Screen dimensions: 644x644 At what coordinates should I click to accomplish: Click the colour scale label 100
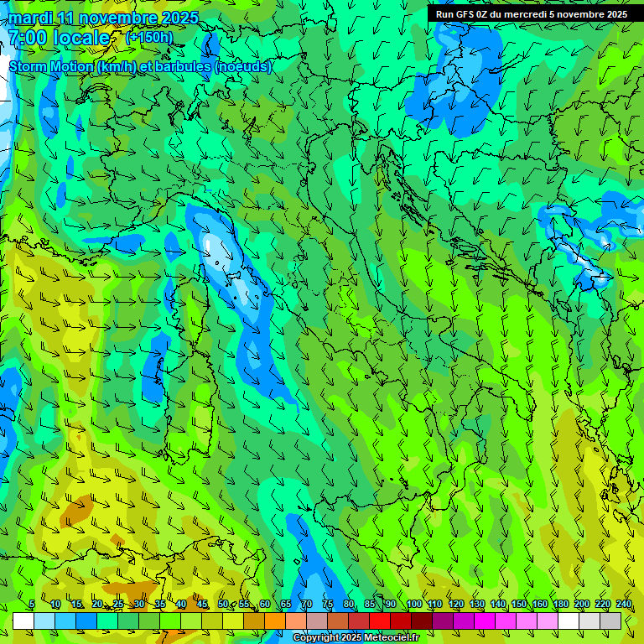(413, 605)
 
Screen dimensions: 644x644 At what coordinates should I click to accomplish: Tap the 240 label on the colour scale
(623, 605)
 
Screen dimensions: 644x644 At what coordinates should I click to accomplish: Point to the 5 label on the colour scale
(32, 605)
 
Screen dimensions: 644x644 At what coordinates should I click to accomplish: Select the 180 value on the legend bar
(560, 605)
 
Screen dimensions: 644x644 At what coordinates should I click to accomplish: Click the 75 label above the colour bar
(328, 605)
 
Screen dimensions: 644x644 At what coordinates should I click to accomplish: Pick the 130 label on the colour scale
(476, 605)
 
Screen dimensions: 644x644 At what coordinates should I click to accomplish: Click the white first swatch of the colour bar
(23, 621)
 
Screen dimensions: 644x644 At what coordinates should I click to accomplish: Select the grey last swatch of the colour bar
(610, 621)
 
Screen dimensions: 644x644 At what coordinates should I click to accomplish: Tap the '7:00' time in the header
(27, 38)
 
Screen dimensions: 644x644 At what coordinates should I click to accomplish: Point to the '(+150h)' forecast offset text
(148, 37)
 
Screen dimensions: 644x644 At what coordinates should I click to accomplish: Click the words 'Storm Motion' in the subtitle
(51, 66)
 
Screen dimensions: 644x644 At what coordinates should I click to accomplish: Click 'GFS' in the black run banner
(465, 14)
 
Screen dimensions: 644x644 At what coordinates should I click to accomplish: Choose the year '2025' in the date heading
(179, 18)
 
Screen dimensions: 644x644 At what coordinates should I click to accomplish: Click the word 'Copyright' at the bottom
(316, 638)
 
